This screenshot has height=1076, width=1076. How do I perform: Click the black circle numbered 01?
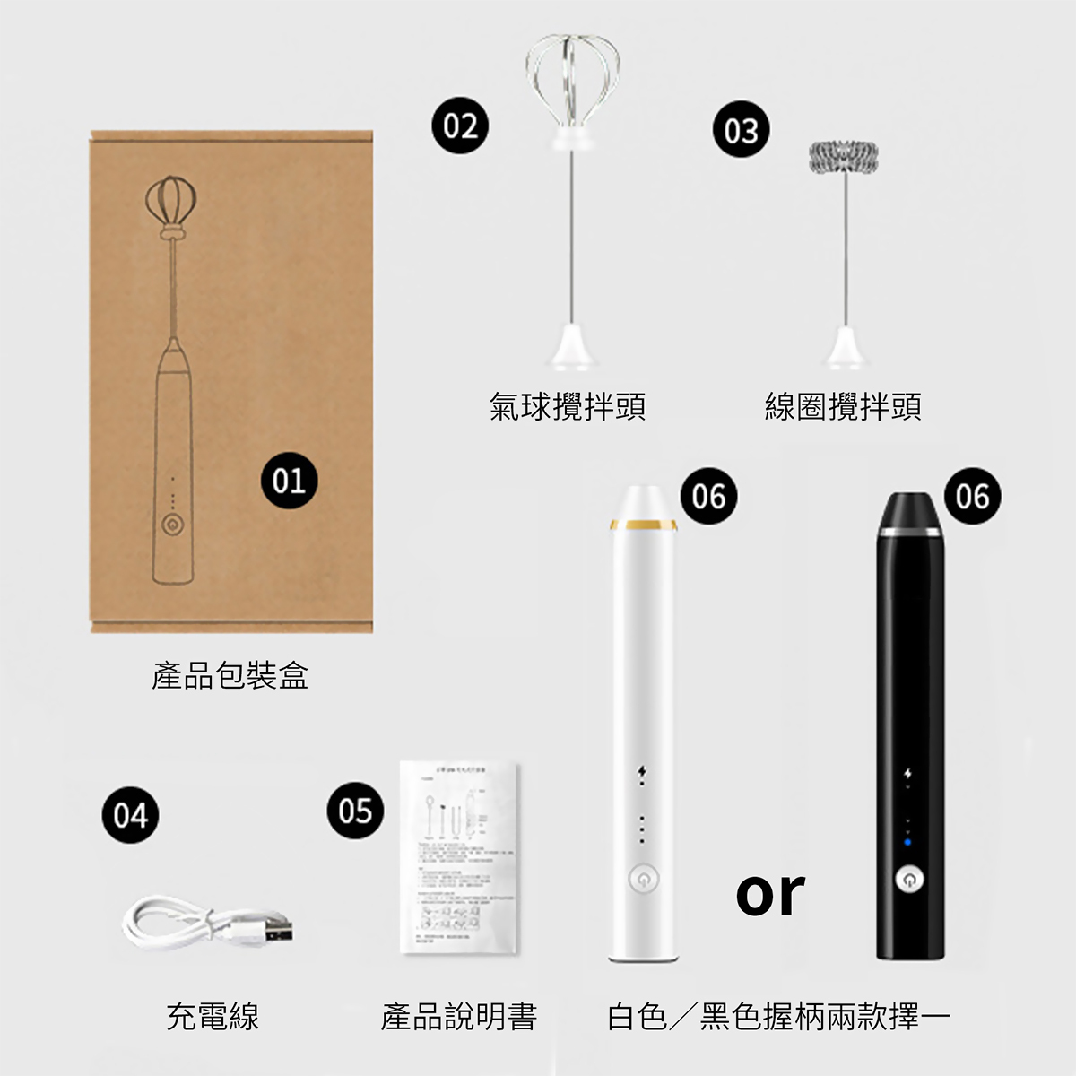coord(289,482)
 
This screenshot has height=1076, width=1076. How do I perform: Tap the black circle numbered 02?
coord(460,126)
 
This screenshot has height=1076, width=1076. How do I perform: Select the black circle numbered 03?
coord(741,131)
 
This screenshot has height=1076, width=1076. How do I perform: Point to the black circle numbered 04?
coord(130,815)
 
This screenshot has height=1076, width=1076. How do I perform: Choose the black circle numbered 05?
coord(355,811)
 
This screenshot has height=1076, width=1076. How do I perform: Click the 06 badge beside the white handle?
coord(708,496)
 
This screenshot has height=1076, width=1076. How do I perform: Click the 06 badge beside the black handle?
coord(972,496)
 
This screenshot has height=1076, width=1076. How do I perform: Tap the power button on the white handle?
coord(642,881)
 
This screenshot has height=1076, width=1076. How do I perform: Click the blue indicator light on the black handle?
coord(907,842)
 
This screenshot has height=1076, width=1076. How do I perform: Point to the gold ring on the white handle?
coord(642,522)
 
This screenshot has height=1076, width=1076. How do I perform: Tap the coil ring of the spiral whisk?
coord(843,158)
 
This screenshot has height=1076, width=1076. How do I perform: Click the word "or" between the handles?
coord(770,893)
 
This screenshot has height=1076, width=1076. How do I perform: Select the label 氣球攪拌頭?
coord(568,406)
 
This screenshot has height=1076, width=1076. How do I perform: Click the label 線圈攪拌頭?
coord(843,406)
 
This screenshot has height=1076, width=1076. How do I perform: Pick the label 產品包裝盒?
coord(230,675)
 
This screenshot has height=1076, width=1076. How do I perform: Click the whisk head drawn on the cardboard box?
coord(170,201)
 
